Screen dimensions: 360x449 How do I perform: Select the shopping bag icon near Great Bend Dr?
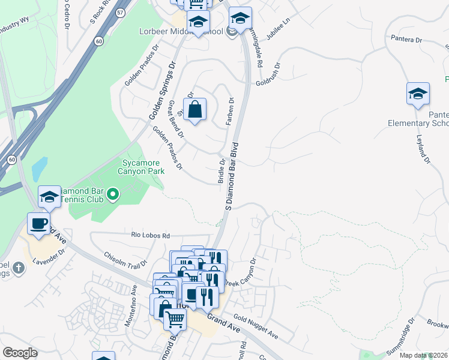(x=194, y=110)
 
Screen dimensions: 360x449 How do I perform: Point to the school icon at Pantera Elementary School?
(x=418, y=94)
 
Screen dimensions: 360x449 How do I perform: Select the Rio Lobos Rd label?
(x=151, y=236)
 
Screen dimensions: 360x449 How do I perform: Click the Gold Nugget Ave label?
(x=256, y=326)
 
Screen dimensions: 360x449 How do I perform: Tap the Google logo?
(x=20, y=353)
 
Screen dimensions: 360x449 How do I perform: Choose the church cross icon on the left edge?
(x=19, y=268)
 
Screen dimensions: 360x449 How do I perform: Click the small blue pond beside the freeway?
(x=40, y=169)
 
